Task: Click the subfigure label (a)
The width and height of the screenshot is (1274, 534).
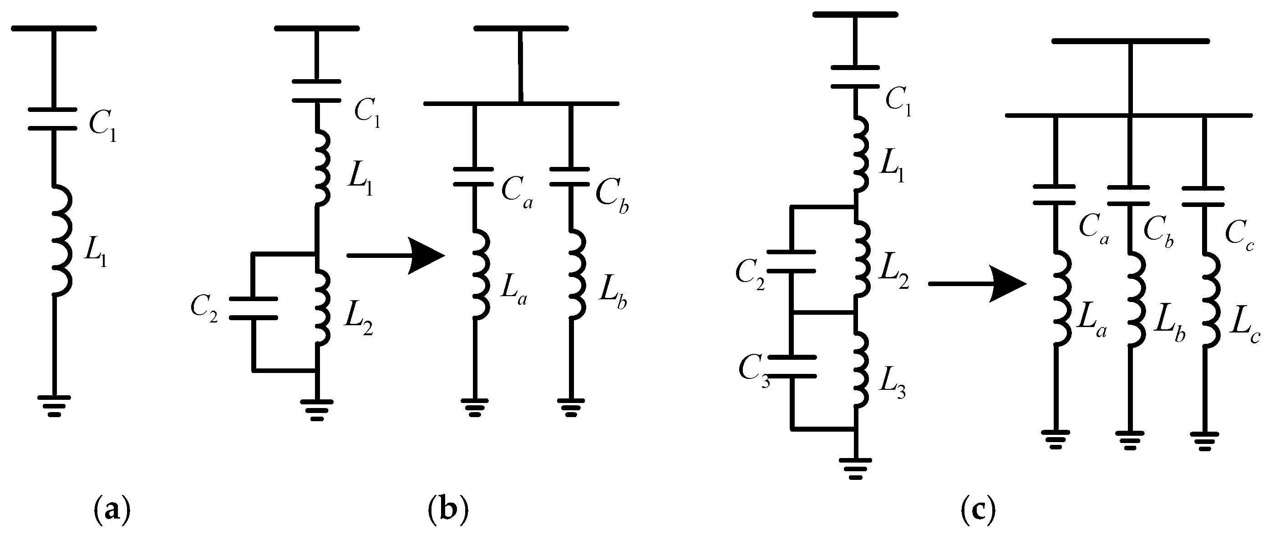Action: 112,509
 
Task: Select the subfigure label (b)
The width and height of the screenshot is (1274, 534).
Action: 448,509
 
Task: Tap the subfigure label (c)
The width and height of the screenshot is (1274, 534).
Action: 978,509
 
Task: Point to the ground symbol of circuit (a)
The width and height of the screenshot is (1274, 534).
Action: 55,405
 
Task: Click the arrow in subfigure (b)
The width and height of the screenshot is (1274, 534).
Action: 396,256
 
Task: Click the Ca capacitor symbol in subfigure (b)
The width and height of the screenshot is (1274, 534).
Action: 474,177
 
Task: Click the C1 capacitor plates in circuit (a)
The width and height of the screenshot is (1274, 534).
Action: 52,119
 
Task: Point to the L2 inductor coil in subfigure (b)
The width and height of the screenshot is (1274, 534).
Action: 322,307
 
